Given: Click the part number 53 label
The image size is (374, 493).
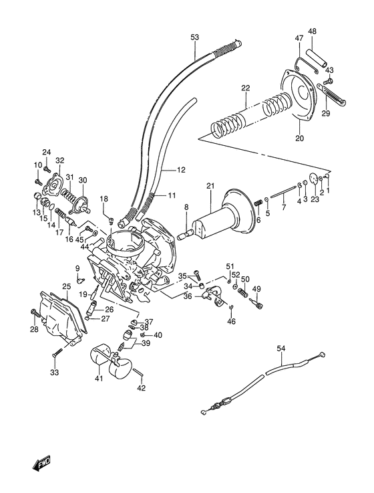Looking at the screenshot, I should point(194,37).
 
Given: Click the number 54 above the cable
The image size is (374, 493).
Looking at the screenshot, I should point(280,349).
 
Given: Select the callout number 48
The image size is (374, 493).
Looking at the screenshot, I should point(311,31).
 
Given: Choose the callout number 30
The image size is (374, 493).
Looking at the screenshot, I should point(83,180).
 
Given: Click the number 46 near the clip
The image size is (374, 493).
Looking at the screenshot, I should point(231,322).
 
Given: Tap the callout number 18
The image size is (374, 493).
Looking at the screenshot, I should point(104,199).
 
